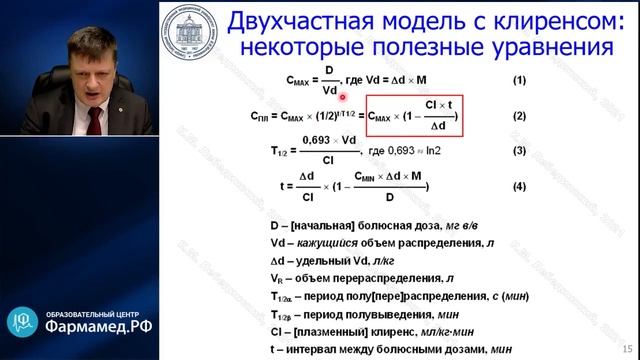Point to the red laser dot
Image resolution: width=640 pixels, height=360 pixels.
pos(343,97)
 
